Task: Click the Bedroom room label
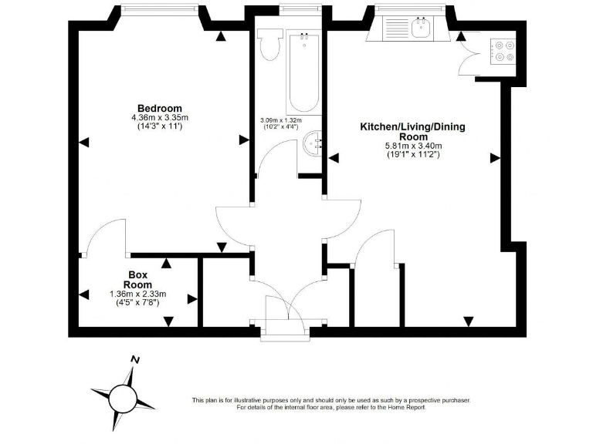pos(159,107)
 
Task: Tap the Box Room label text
pos(138,279)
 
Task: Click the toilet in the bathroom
pos(270,47)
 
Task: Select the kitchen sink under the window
pos(421,29)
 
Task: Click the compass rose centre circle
pos(122,398)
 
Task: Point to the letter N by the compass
pos(135,359)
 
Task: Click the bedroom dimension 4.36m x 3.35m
pos(159,117)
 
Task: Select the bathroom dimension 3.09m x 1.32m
pos(280,120)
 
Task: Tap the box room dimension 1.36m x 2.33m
pos(138,294)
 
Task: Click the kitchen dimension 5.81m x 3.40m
pos(412,146)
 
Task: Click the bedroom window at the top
pos(159,9)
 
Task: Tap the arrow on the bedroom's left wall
pos(83,141)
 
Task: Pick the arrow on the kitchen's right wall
pos(494,157)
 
